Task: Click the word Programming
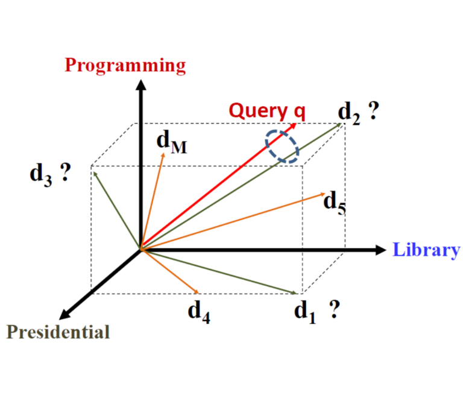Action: click(x=125, y=65)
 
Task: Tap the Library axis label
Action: click(x=426, y=250)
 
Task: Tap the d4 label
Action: click(x=199, y=311)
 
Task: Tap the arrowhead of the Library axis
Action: click(x=379, y=250)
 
